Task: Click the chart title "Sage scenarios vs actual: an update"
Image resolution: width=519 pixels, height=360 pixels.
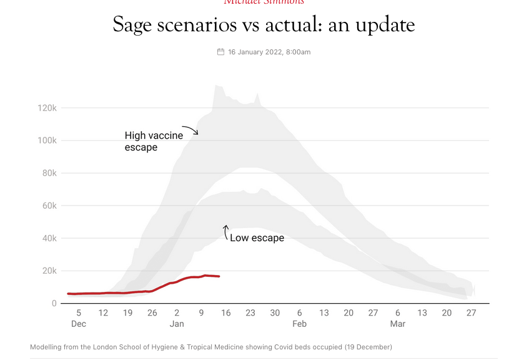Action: [x=264, y=25]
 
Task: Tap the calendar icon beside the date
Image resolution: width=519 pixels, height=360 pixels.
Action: [x=220, y=52]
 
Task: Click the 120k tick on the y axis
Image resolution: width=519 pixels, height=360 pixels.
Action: [x=46, y=108]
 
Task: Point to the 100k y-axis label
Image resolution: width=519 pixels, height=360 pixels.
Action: [x=46, y=141]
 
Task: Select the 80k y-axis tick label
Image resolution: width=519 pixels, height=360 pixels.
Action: [x=48, y=173]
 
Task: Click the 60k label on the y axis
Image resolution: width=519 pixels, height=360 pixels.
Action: [x=48, y=206]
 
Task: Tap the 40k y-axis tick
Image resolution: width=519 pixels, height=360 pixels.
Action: [x=48, y=238]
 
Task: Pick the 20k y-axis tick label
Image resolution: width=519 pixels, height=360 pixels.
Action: [x=48, y=271]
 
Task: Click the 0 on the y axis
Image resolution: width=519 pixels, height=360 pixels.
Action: [x=54, y=304]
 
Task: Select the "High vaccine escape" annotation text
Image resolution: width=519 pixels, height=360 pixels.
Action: [x=154, y=141]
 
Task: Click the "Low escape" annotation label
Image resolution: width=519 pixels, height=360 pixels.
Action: [x=257, y=237]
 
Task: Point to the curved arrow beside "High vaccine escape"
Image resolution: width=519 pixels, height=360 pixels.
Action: [x=190, y=130]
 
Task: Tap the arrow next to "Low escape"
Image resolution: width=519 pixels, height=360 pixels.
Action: [x=225, y=232]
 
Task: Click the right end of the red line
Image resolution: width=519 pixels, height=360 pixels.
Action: [x=219, y=276]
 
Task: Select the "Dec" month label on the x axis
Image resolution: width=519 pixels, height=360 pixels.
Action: [x=79, y=324]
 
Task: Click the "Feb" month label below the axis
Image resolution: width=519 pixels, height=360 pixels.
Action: [x=299, y=324]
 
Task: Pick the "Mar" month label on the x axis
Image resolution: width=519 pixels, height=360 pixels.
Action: [x=398, y=324]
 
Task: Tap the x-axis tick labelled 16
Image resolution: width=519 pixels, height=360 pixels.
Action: [x=225, y=313]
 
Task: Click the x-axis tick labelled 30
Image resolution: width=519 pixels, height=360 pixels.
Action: [x=275, y=313]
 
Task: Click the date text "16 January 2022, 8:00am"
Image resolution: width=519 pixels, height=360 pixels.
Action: [x=269, y=52]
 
